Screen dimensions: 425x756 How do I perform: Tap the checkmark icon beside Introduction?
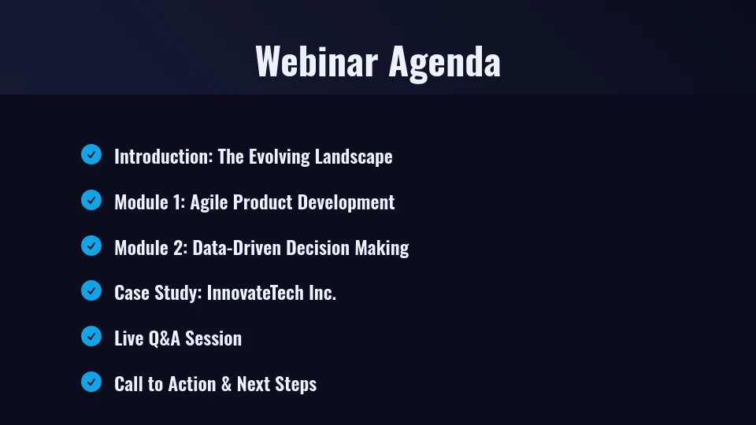[x=91, y=154]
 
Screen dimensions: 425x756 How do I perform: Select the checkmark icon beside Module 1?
[x=91, y=200]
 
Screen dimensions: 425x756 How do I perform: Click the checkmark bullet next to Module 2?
[x=91, y=246]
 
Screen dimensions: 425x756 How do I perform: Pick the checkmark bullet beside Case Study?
[x=91, y=290]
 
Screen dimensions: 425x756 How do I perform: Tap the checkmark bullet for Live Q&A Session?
[x=91, y=336]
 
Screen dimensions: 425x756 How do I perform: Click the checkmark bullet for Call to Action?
[x=91, y=382]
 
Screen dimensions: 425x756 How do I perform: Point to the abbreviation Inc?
[x=322, y=293]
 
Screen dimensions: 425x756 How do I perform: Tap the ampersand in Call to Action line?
[x=226, y=384]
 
